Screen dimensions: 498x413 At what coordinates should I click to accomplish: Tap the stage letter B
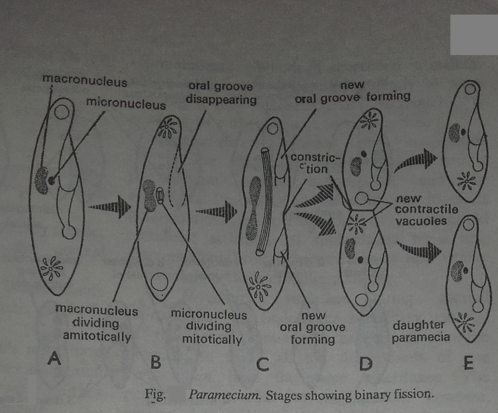[x=155, y=362]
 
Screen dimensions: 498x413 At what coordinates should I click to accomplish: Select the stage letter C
[x=262, y=364]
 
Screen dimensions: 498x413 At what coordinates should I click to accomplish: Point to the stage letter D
[x=366, y=364]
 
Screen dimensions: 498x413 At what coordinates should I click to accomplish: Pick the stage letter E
[x=468, y=363]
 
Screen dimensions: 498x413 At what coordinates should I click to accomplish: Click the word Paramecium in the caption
[x=224, y=395]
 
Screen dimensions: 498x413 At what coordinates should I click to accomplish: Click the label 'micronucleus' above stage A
[x=126, y=104]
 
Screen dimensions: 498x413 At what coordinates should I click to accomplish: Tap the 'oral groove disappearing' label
[x=221, y=93]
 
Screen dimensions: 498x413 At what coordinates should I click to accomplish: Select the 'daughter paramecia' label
[x=420, y=332]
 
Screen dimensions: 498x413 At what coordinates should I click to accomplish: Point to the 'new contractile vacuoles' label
[x=426, y=210]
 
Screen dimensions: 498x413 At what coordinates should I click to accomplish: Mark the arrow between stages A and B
[x=110, y=207]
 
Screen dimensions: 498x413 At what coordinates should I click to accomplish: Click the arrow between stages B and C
[x=216, y=211]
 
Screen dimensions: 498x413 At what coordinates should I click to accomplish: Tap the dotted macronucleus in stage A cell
[x=41, y=180]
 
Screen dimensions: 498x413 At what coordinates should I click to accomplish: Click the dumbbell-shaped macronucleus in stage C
[x=253, y=208]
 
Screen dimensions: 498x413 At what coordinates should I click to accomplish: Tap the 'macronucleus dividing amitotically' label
[x=97, y=323]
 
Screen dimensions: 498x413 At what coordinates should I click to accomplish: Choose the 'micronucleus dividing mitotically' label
[x=209, y=327]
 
